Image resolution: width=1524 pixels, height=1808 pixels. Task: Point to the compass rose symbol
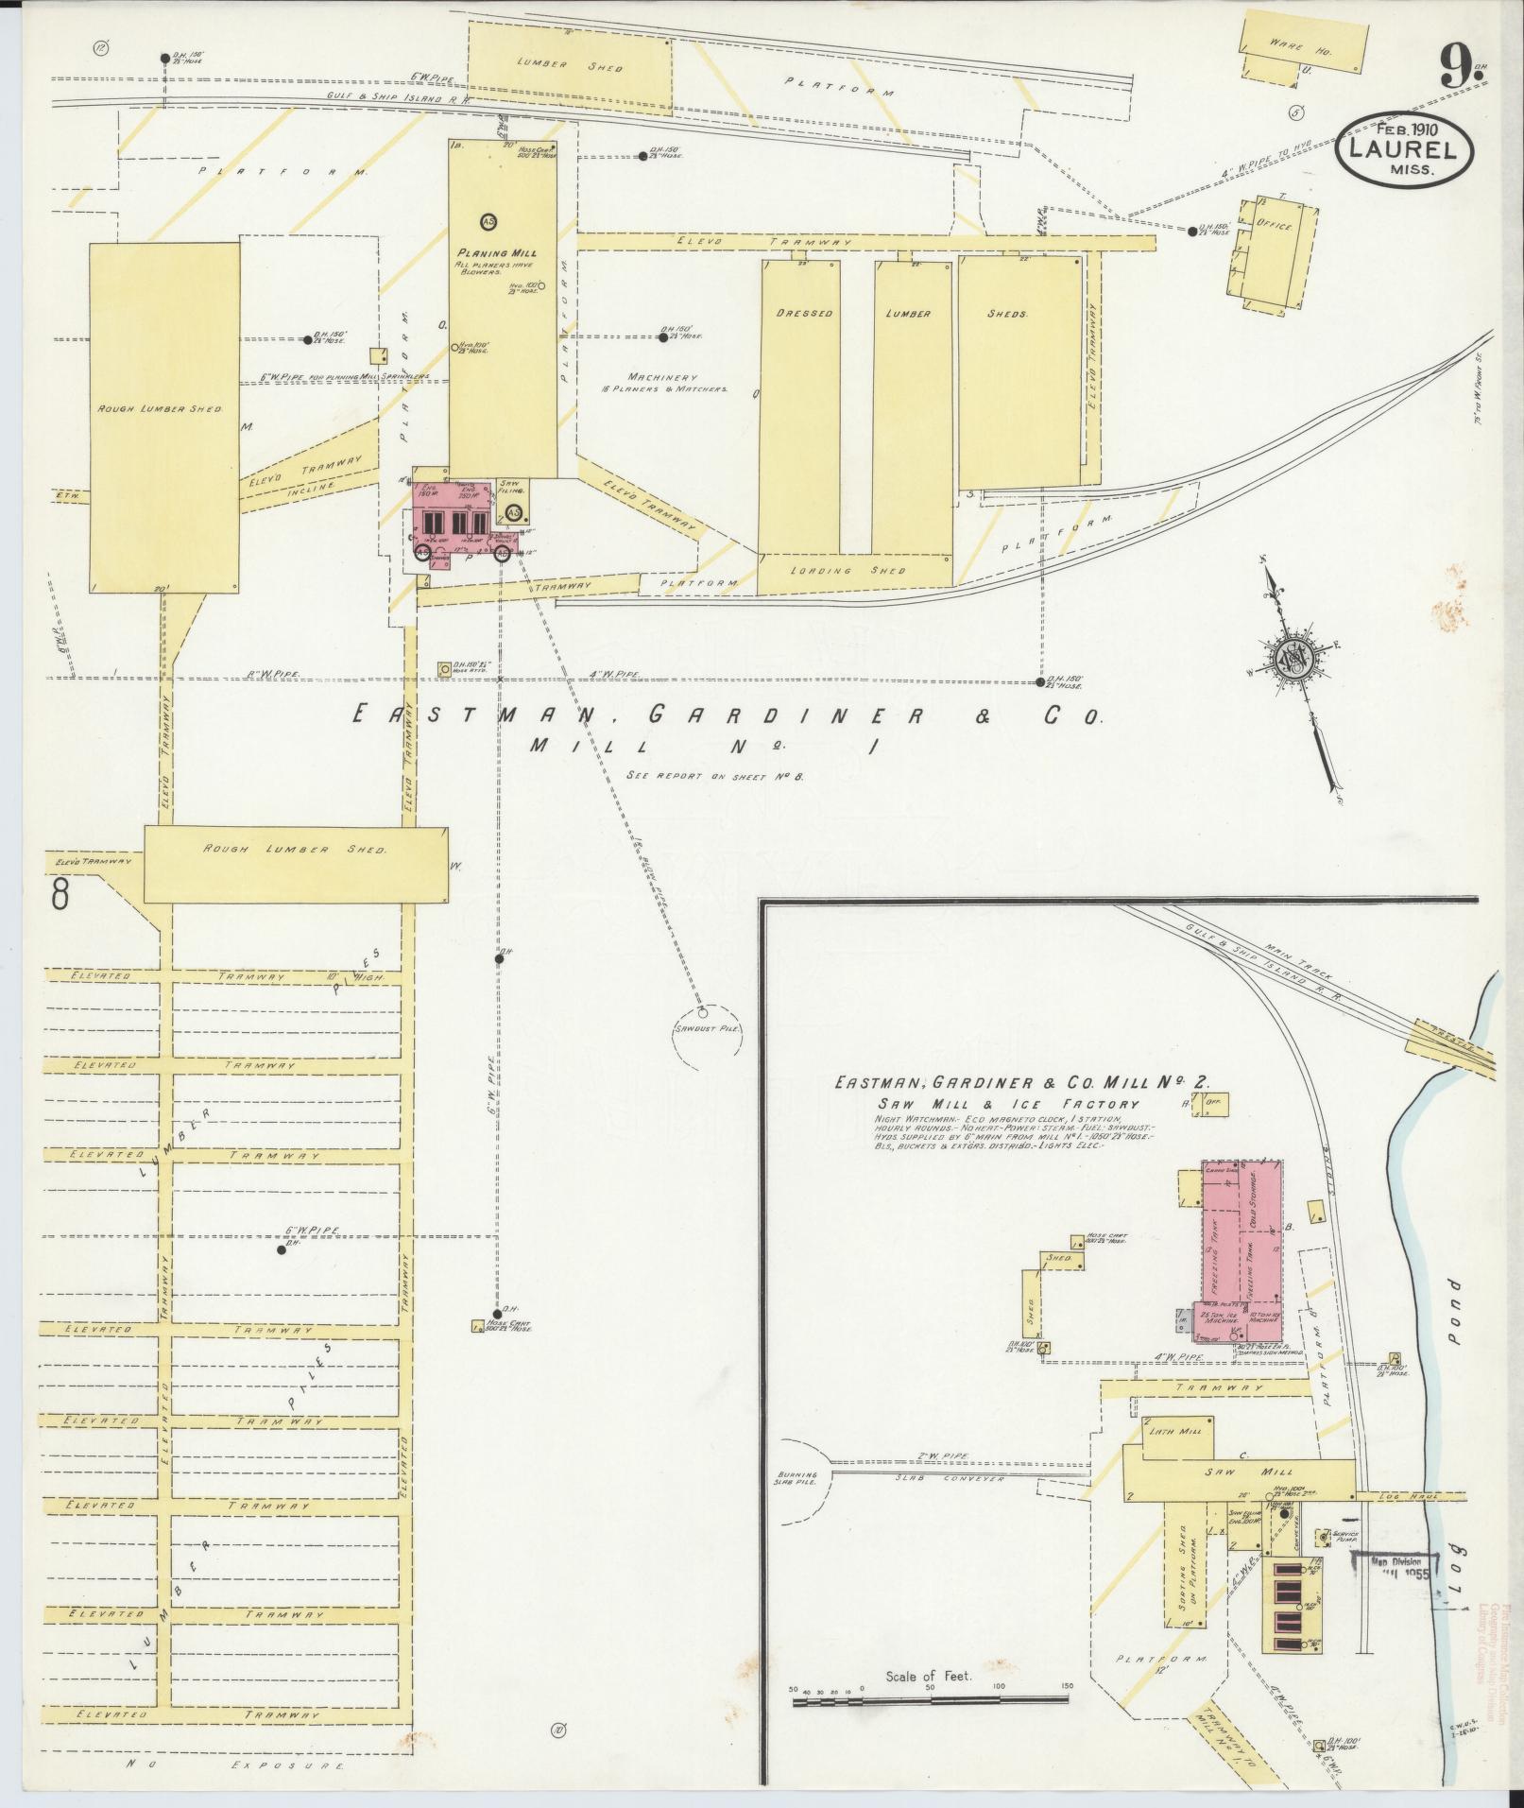1296,659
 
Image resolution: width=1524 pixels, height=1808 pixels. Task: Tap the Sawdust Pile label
705,1027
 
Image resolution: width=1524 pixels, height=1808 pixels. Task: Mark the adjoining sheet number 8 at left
60,893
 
